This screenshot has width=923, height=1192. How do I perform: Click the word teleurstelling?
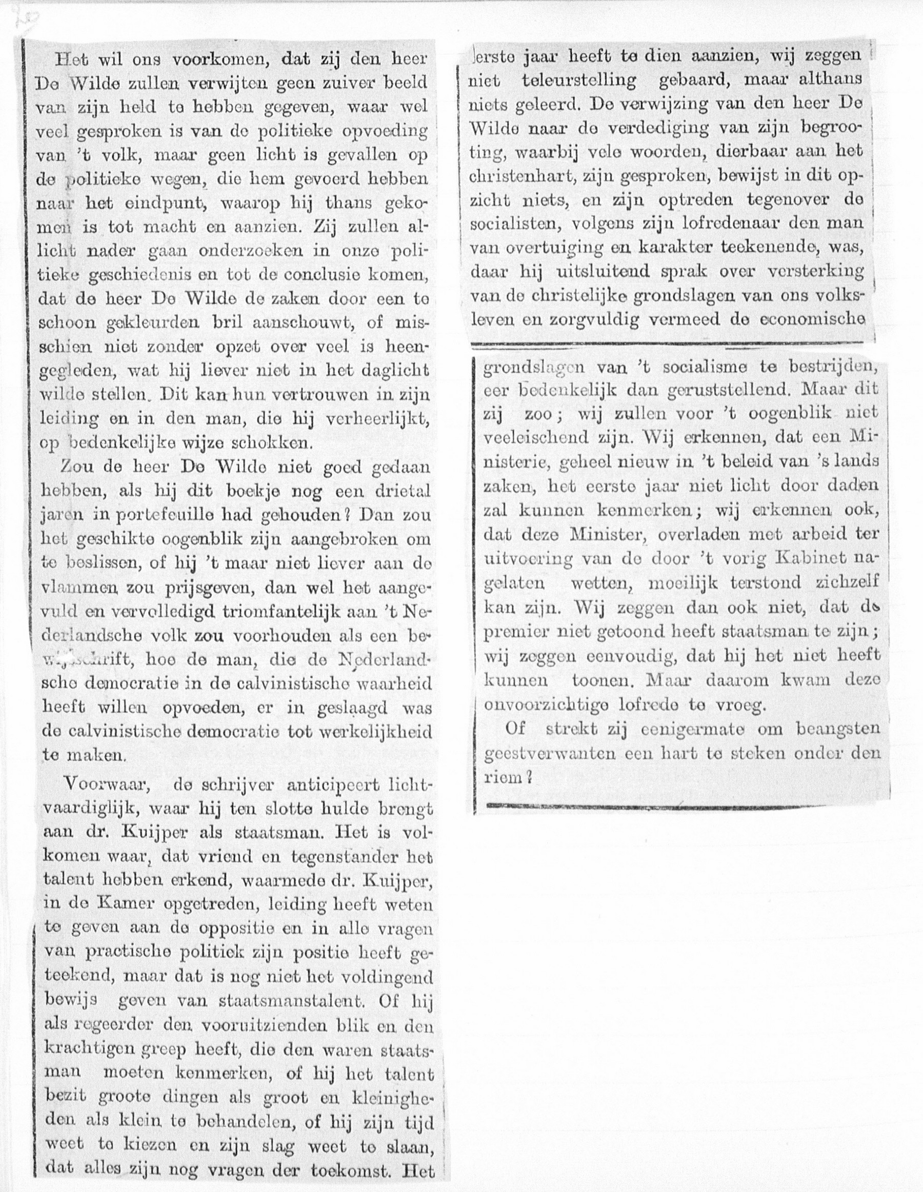[x=578, y=80]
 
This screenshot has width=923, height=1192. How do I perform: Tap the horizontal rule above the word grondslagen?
[x=667, y=345]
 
